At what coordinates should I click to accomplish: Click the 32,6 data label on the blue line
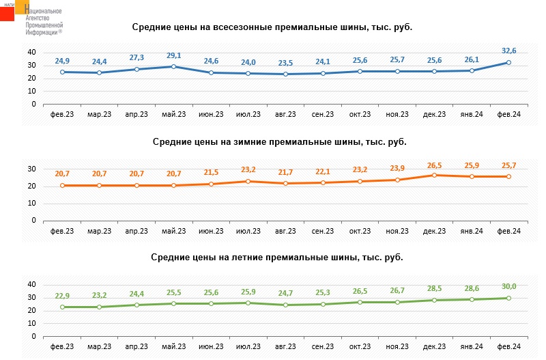click(508, 50)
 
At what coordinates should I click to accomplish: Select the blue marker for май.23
click(174, 66)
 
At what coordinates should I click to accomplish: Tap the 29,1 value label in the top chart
click(174, 55)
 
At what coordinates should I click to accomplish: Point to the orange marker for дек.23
click(434, 175)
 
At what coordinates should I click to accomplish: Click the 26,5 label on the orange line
click(434, 165)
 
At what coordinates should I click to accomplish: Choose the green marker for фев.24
click(508, 298)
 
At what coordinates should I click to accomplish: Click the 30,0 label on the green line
click(508, 287)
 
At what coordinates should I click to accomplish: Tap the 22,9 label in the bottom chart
click(62, 296)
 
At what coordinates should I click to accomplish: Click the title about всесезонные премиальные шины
click(272, 27)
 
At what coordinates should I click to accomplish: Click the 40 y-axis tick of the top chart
click(31, 53)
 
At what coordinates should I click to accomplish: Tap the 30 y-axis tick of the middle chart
click(31, 169)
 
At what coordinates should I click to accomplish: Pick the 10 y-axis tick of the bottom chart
click(31, 324)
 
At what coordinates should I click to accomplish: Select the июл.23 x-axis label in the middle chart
click(248, 231)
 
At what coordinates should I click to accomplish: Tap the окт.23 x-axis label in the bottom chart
click(360, 347)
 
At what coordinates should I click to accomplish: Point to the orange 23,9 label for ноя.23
click(397, 169)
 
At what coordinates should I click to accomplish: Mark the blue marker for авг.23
click(285, 74)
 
